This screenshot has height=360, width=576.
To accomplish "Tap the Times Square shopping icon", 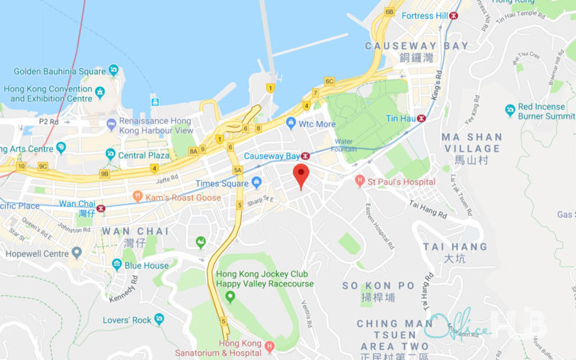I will (x=257, y=183).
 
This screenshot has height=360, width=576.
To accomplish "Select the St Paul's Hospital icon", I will (x=361, y=182).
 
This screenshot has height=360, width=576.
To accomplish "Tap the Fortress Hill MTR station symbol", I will (x=454, y=16).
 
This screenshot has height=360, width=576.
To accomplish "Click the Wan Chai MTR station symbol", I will (x=101, y=208).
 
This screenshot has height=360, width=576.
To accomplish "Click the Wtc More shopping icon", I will (x=291, y=124).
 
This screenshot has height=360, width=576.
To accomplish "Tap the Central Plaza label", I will (x=144, y=155).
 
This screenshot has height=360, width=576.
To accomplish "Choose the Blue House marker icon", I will (x=117, y=265).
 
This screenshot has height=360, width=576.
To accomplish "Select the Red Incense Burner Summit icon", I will (x=510, y=110).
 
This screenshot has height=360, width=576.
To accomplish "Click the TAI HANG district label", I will (x=455, y=246).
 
